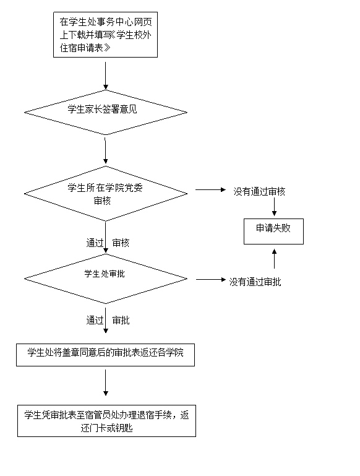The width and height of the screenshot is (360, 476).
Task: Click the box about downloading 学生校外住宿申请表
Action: click(106, 35)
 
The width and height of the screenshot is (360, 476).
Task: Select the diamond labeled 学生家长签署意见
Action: click(106, 112)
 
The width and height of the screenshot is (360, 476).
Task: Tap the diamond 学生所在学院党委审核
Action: click(106, 194)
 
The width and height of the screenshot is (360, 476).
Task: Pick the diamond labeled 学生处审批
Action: click(106, 279)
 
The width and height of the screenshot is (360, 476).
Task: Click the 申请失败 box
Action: click(273, 232)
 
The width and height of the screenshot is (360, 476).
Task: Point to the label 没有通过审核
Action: click(259, 191)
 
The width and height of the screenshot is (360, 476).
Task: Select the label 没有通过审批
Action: click(255, 282)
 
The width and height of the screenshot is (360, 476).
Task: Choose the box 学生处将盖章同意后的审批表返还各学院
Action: click(105, 355)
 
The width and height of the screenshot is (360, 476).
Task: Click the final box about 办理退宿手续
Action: click(106, 421)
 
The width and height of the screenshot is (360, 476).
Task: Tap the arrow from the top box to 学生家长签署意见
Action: click(106, 76)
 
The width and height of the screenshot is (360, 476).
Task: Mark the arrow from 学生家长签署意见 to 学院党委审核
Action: click(106, 151)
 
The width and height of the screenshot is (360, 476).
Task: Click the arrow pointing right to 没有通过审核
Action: click(211, 190)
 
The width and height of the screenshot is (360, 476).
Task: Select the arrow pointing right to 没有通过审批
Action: click(211, 279)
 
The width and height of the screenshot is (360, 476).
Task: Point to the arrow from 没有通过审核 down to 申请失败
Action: click(274, 207)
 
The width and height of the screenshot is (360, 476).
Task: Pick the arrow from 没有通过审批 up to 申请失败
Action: click(274, 259)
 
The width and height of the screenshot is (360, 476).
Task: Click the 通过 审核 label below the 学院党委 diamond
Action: click(108, 243)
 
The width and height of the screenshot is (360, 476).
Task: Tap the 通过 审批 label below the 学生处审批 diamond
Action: click(108, 320)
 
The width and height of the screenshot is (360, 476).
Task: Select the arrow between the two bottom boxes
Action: click(106, 383)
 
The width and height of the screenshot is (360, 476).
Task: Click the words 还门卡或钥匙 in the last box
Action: click(107, 428)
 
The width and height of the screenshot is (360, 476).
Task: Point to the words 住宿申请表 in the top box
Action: click(81, 48)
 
